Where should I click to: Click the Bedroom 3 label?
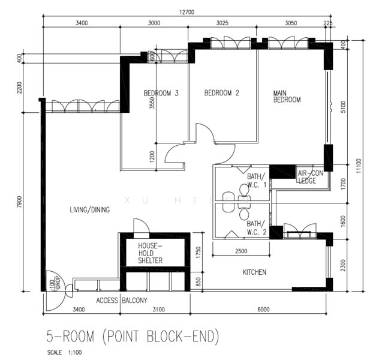161,93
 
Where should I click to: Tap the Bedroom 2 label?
222,93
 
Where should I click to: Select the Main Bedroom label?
287,97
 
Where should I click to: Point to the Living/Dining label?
90,209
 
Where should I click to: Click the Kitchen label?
254,272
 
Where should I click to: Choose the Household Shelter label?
151,253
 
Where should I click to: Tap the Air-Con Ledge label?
311,177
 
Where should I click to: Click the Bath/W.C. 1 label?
257,181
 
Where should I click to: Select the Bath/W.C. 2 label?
257,228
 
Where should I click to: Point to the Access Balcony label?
122,300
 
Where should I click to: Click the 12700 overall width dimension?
187,12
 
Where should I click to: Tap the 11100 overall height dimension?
359,166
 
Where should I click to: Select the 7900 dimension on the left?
19,202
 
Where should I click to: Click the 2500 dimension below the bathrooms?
241,251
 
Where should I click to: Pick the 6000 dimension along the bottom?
263,310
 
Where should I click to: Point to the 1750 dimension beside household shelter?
198,252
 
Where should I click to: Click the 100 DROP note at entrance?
55,283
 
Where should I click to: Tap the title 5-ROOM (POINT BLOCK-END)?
133,337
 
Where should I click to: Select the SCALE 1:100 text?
64,353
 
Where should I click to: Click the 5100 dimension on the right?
343,107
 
